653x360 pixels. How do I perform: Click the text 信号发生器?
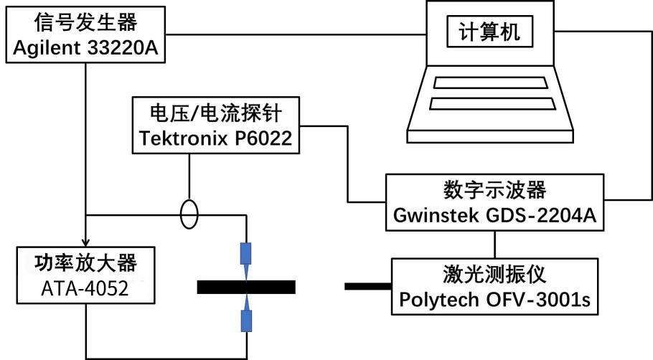click(85, 23)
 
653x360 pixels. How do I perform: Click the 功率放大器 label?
click(85, 263)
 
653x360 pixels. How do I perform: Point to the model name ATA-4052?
click(85, 288)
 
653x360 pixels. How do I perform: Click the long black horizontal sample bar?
click(246, 287)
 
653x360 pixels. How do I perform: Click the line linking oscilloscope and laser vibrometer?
click(494, 244)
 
